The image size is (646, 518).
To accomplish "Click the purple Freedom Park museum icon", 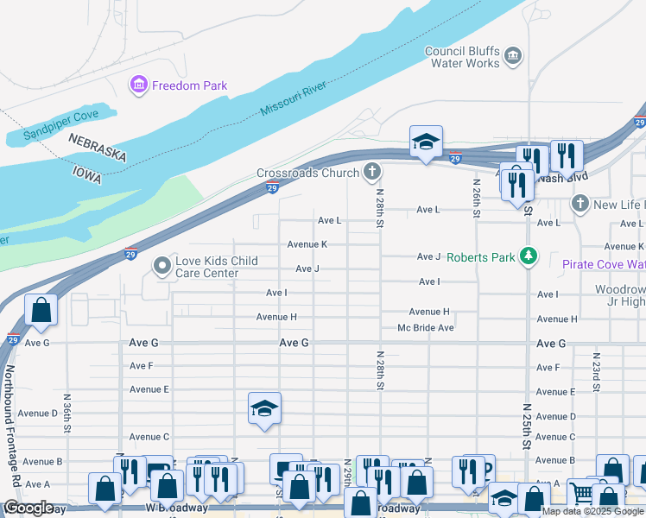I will [x=138, y=85].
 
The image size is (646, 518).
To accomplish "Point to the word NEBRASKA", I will [x=98, y=147].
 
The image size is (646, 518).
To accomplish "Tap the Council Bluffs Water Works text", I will [x=463, y=57].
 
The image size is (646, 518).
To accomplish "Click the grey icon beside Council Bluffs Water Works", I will [x=513, y=57].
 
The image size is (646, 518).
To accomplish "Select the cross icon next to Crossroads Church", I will [x=372, y=173].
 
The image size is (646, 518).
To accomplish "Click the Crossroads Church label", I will [x=307, y=174].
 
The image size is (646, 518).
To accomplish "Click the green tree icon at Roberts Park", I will [x=529, y=256].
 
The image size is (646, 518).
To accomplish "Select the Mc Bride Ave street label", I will [x=425, y=328].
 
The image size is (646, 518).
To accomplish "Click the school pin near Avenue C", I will [x=264, y=409].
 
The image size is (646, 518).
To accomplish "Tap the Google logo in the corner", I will [x=28, y=509].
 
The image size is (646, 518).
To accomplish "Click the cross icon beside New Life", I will [x=580, y=205].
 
